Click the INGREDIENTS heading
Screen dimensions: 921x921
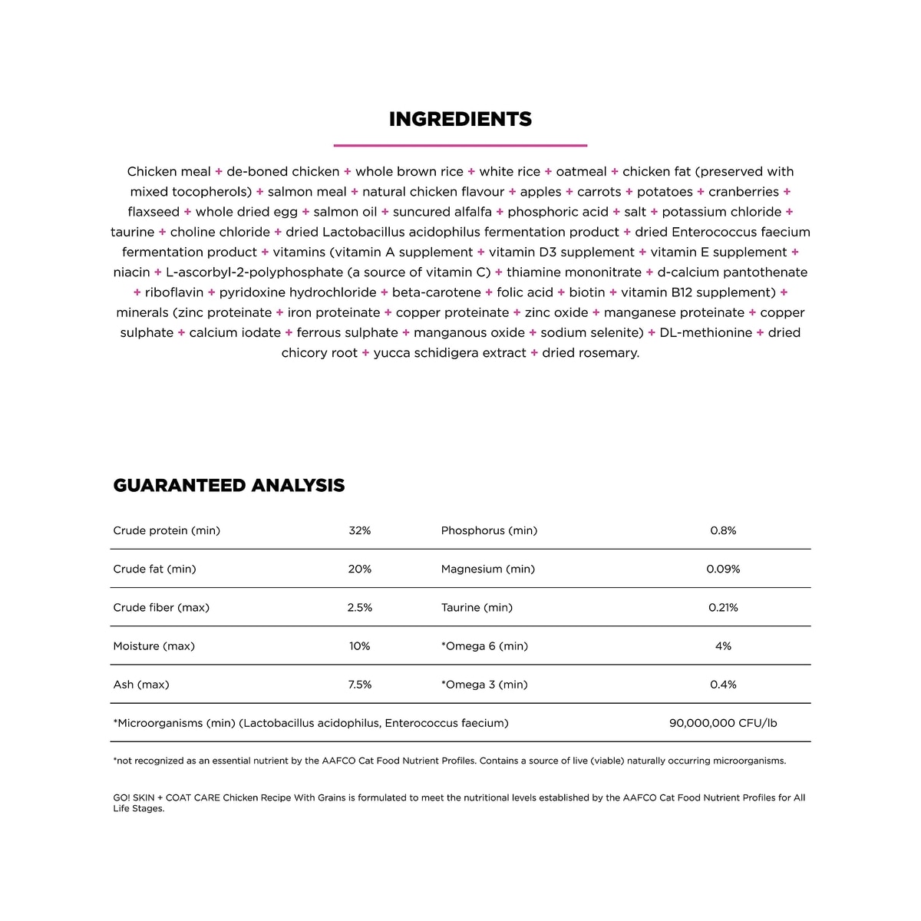pyautogui.click(x=460, y=120)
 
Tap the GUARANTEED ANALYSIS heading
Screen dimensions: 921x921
pyautogui.click(x=229, y=486)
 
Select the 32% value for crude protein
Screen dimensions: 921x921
pyautogui.click(x=359, y=531)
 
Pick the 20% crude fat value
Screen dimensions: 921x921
pyautogui.click(x=359, y=569)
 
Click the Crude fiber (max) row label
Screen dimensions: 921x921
pyautogui.click(x=161, y=608)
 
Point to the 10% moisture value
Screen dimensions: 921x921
pyautogui.click(x=359, y=646)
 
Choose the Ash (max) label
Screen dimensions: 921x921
pyautogui.click(x=141, y=685)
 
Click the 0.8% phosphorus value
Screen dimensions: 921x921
pyautogui.click(x=723, y=531)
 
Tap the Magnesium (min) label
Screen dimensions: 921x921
pyautogui.click(x=488, y=569)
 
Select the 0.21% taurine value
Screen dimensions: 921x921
pyautogui.click(x=723, y=608)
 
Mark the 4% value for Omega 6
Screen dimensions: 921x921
pyautogui.click(x=723, y=646)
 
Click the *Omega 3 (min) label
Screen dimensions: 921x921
pyautogui.click(x=484, y=685)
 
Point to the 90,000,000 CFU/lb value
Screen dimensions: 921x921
pyautogui.click(x=723, y=723)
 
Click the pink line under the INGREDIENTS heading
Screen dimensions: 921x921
pyautogui.click(x=460, y=145)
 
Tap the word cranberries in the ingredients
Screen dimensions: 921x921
pyautogui.click(x=744, y=192)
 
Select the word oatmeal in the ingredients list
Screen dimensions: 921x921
pyautogui.click(x=581, y=172)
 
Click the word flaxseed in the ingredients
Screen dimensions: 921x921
pyautogui.click(x=153, y=212)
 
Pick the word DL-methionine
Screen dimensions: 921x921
pyautogui.click(x=705, y=333)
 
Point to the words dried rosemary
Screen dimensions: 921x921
pyautogui.click(x=590, y=353)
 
